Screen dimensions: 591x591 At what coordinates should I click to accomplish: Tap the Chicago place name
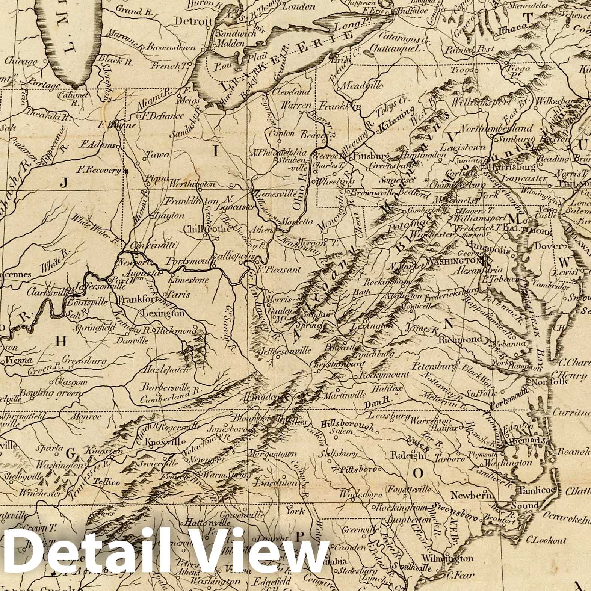[22, 62]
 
